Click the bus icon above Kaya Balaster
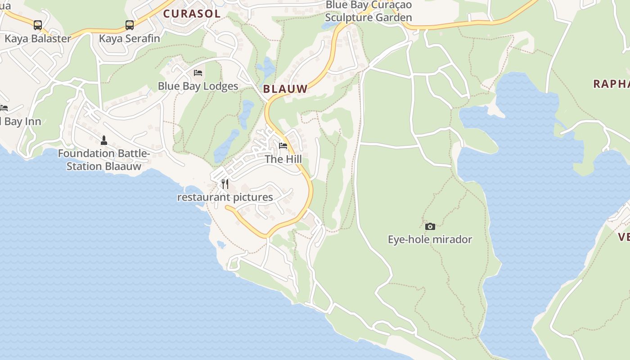(x=38, y=25)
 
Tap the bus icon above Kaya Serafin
(x=130, y=25)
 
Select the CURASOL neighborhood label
(x=192, y=13)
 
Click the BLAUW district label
(x=285, y=89)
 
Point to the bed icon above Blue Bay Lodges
(x=198, y=72)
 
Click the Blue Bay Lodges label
(x=198, y=86)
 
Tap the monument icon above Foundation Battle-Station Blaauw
(x=104, y=140)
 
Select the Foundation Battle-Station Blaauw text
(x=104, y=160)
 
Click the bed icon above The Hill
(x=283, y=146)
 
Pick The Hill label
(x=283, y=159)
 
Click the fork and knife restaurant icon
(x=225, y=184)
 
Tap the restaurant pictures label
(x=225, y=197)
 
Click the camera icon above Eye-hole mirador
(x=430, y=226)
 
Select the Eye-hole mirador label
(x=430, y=239)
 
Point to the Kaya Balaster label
(x=38, y=39)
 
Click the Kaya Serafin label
(x=130, y=39)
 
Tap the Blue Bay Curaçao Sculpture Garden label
(x=368, y=11)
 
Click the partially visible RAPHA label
(x=612, y=84)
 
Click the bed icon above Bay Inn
(x=4, y=108)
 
